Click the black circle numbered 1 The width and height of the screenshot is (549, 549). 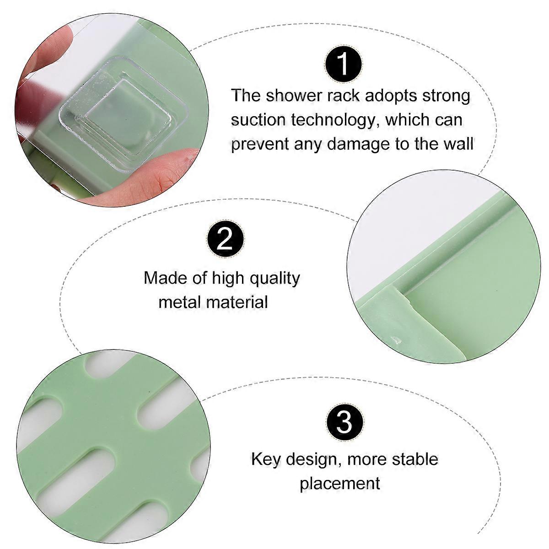point(343,64)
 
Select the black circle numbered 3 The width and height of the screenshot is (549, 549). point(344,421)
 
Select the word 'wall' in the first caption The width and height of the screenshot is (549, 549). point(455,144)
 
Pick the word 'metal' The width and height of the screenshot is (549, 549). point(180,302)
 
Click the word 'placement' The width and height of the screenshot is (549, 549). point(340,483)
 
